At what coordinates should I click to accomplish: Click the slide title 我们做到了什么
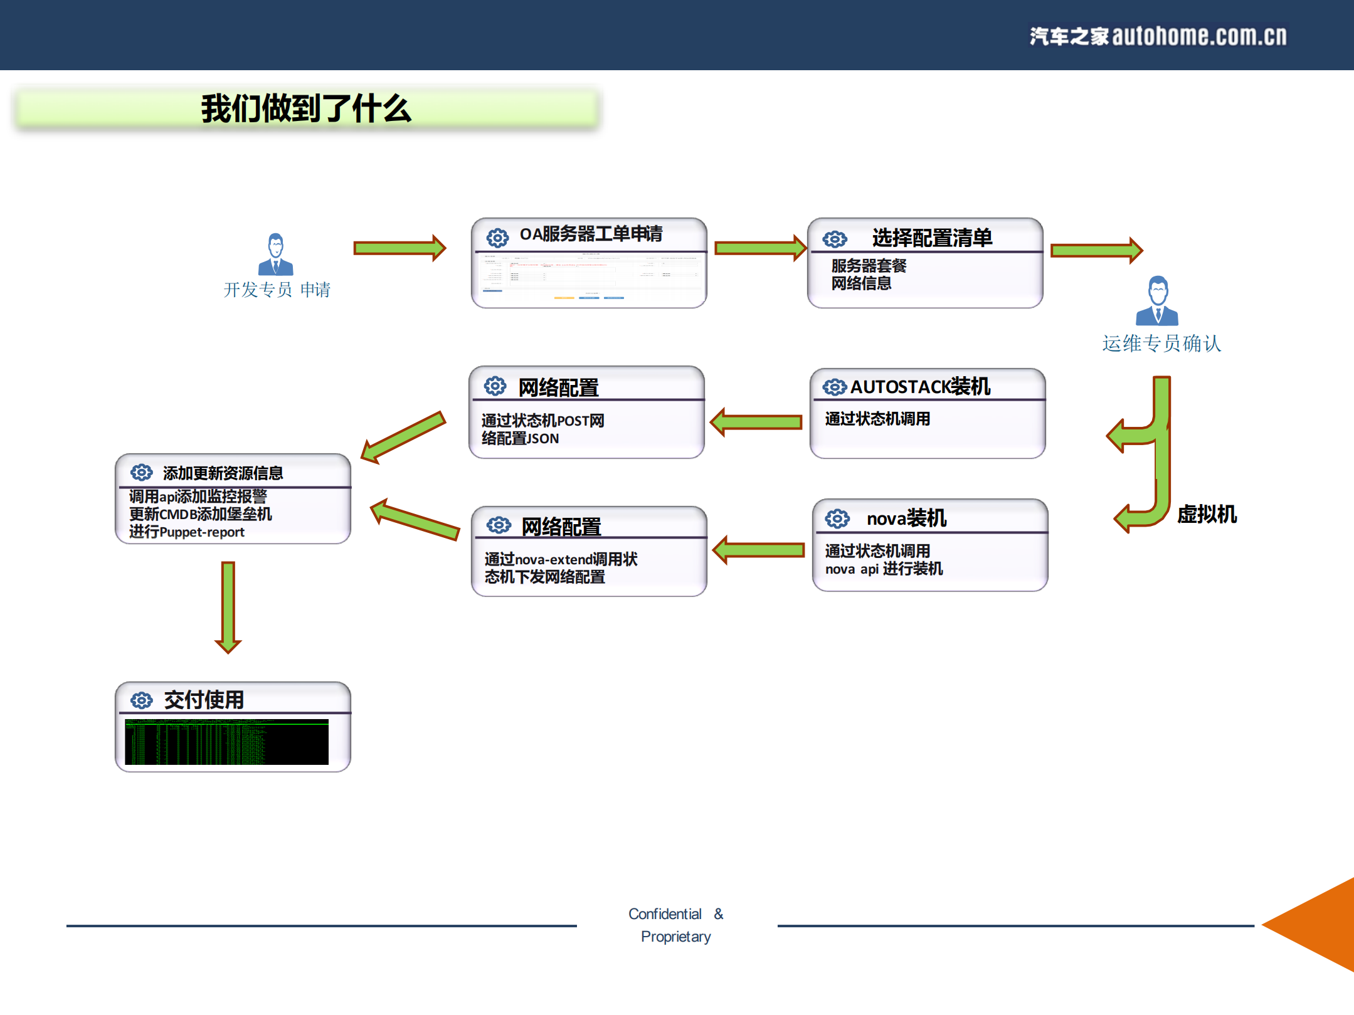305,108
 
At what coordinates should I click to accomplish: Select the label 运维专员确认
1161,344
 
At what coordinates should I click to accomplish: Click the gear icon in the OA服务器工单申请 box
497,238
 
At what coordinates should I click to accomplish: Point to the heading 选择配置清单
931,238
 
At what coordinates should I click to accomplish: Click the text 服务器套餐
869,266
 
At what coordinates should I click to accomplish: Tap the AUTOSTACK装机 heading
919,387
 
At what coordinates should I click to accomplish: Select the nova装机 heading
906,518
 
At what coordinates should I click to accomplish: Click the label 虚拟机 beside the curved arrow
1206,514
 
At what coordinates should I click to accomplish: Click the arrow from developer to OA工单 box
399,248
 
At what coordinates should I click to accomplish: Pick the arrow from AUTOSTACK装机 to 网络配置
756,422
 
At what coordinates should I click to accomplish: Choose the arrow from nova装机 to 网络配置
759,550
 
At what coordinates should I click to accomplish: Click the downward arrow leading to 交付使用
228,606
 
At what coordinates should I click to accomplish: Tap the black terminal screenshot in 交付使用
226,742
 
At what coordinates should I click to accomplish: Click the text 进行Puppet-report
187,532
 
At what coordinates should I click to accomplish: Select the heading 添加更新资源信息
223,473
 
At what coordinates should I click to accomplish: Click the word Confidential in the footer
665,914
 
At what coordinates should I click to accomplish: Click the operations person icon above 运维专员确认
1157,301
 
